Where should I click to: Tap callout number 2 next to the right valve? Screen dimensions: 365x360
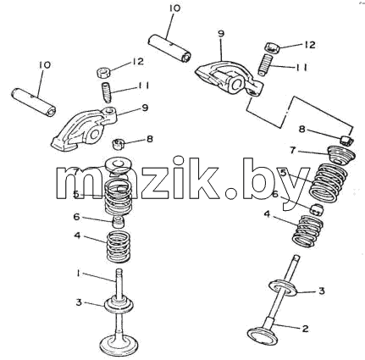coord(305,329)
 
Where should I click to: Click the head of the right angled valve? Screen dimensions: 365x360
coord(261,335)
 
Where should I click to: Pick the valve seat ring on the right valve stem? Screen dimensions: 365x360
coord(283,287)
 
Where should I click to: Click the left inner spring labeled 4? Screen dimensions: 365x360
coord(119,246)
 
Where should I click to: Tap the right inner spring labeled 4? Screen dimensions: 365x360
coord(305,230)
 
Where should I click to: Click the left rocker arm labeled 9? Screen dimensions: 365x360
coord(85,129)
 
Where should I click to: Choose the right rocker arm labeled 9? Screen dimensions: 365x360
coord(229,78)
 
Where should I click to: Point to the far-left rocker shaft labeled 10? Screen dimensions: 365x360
coord(34,101)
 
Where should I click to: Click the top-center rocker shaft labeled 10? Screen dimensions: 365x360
coord(169,47)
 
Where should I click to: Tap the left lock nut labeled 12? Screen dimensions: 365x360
coord(103,72)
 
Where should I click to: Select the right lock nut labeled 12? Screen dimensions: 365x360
coord(272,47)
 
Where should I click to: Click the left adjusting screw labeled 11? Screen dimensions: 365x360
coord(107,91)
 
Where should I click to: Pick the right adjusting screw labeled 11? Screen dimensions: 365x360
coord(265,64)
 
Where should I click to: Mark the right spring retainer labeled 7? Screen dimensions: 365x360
coord(340,154)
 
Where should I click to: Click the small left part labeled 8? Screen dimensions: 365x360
coord(119,144)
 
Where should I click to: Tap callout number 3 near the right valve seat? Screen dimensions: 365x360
coord(322,291)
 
